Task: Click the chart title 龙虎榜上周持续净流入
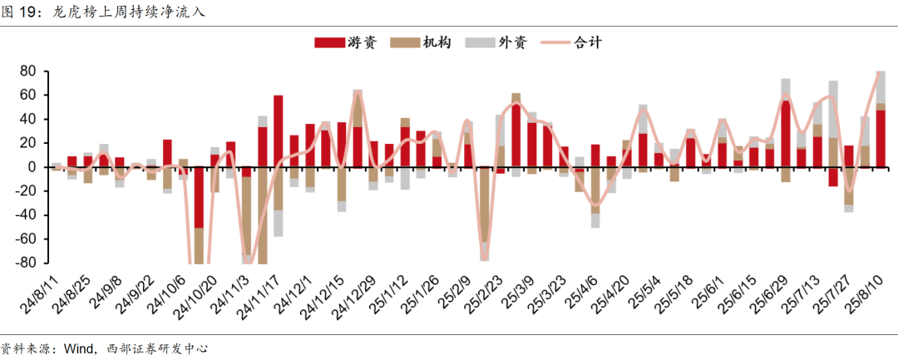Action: [128, 12]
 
